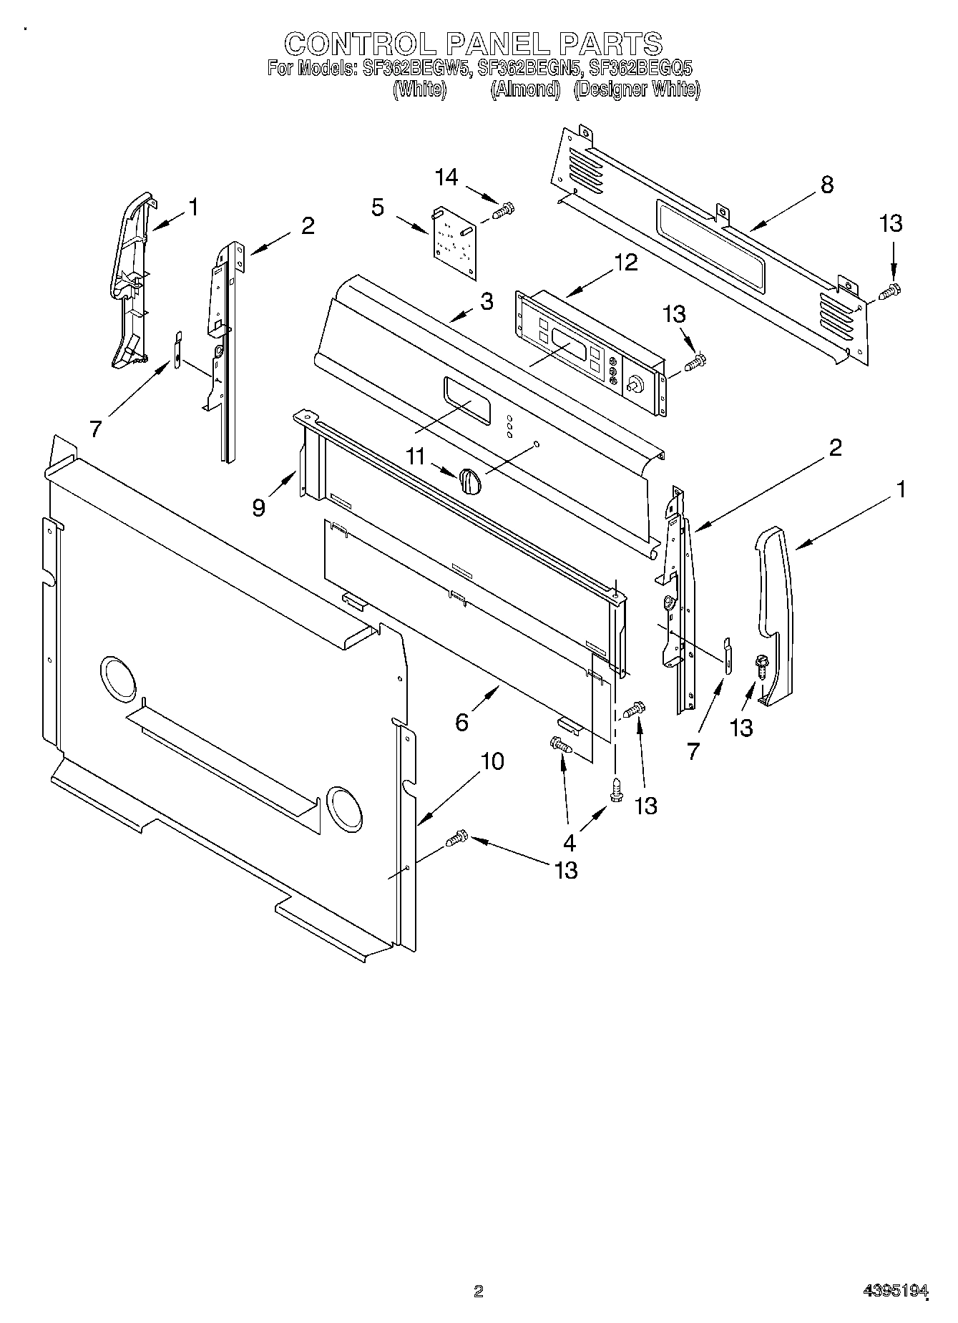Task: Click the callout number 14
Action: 447,177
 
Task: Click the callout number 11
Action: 416,456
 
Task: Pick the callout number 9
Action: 259,507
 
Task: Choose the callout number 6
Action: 462,722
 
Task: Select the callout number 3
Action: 487,301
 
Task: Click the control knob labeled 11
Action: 470,480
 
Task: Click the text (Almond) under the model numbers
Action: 525,89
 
